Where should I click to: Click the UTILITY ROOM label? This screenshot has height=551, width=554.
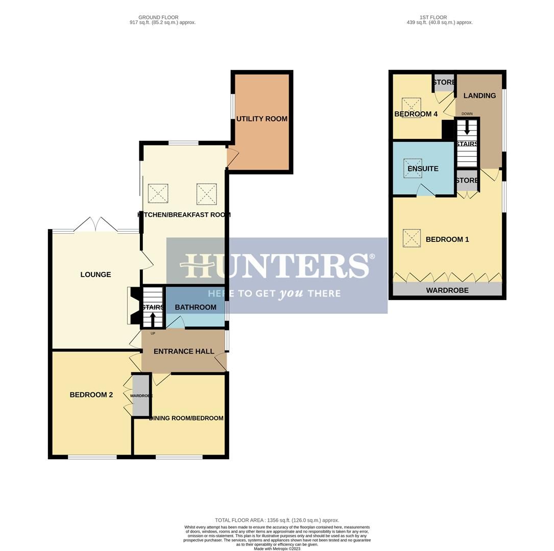(261, 119)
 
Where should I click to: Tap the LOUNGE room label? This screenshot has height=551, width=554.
(95, 274)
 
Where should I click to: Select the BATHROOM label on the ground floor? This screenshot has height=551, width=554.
(196, 307)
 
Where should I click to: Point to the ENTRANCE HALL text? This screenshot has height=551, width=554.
(184, 352)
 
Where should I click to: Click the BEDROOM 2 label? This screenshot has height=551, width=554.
(91, 395)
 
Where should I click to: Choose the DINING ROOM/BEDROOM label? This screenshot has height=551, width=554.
(186, 418)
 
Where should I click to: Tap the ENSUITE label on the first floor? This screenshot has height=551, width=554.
(423, 169)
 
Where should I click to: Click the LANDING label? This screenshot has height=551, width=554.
(479, 96)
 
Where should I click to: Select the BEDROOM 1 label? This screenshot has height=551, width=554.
(447, 239)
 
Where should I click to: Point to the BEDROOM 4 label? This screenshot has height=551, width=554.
(416, 114)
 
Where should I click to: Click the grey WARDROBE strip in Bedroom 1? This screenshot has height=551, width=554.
(447, 290)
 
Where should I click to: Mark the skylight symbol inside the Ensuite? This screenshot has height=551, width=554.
(413, 168)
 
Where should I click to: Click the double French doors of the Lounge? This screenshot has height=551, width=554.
(95, 225)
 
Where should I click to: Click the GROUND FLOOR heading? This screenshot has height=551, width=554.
(158, 17)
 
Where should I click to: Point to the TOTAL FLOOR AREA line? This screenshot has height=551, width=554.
(277, 520)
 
